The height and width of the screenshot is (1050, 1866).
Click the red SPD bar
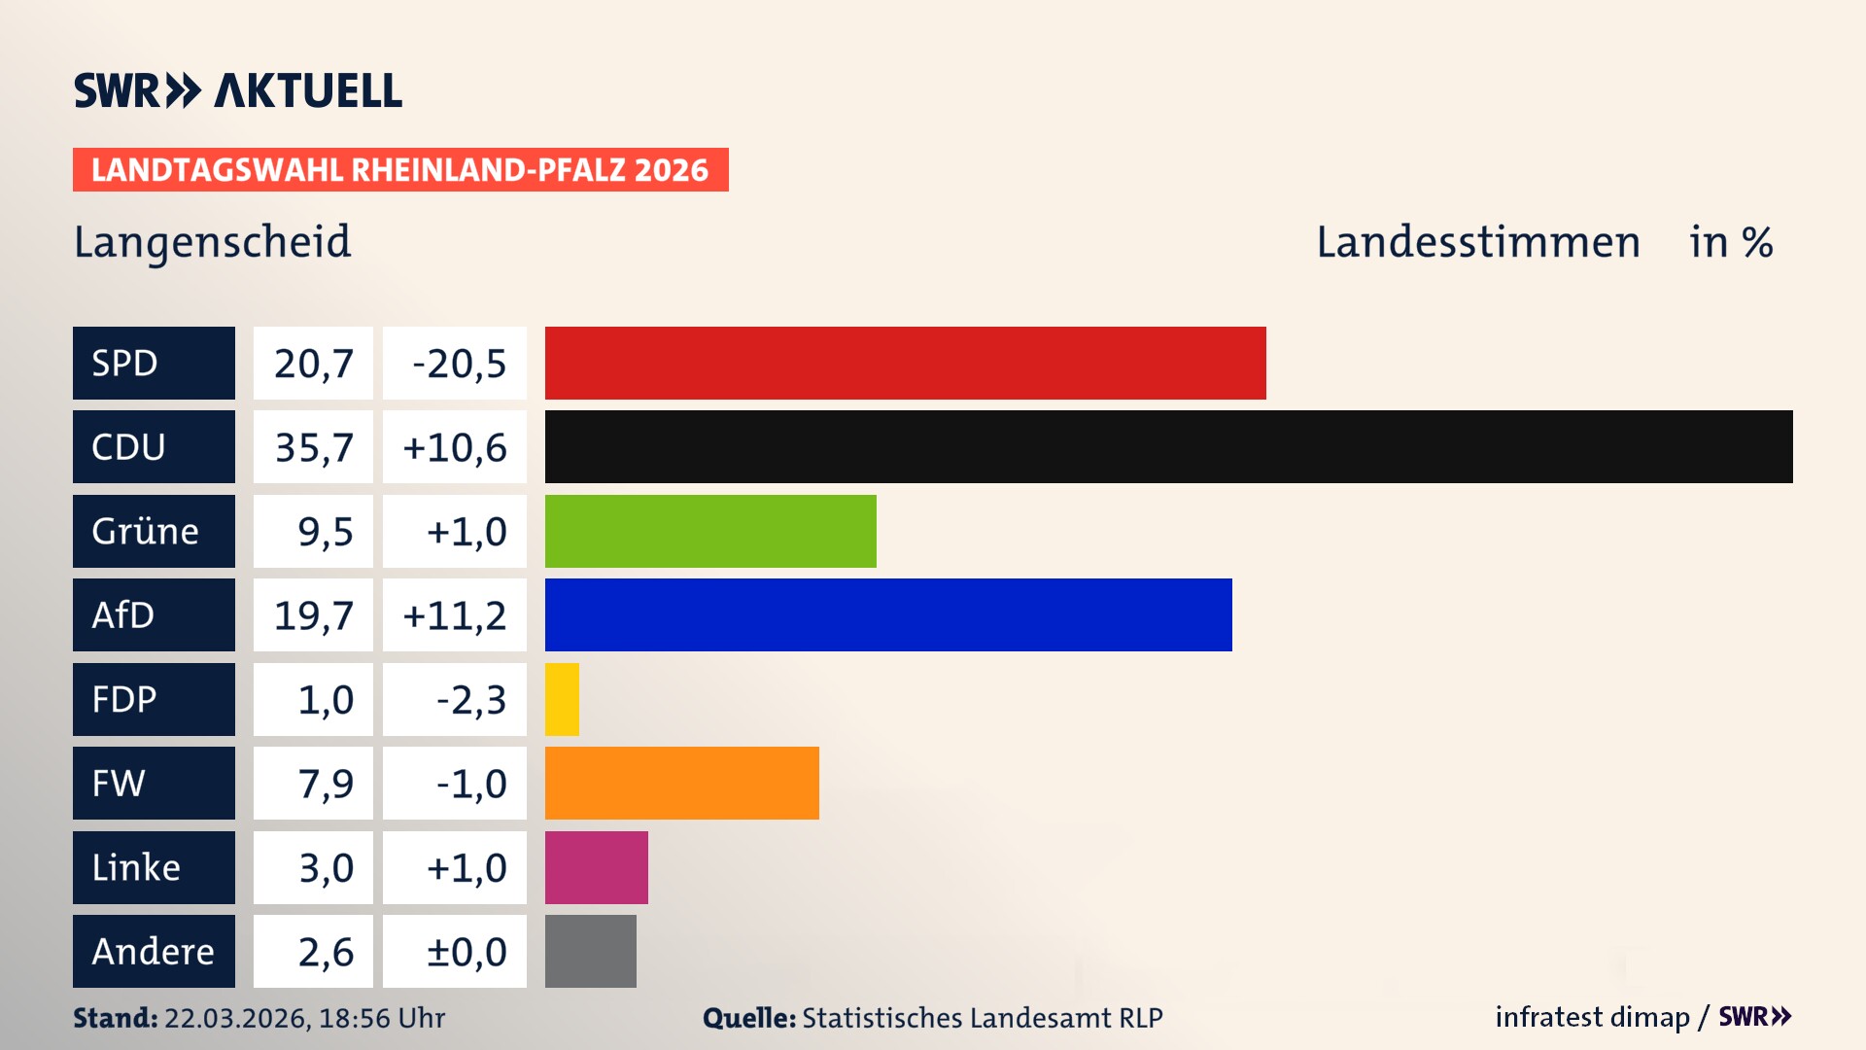click(x=905, y=363)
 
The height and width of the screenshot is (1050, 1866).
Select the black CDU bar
click(x=1168, y=447)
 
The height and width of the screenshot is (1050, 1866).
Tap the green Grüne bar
click(x=710, y=531)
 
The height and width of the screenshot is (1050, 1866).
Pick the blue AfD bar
click(x=888, y=614)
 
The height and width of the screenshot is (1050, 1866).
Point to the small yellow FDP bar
click(x=562, y=699)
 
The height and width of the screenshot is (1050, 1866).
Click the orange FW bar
click(x=681, y=783)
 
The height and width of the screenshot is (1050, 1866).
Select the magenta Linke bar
click(x=596, y=867)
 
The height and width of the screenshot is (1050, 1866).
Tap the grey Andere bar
click(x=590, y=951)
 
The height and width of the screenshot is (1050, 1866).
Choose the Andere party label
click(x=154, y=951)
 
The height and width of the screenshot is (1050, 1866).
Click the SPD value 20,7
click(x=313, y=364)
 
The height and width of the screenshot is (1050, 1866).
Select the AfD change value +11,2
click(x=454, y=615)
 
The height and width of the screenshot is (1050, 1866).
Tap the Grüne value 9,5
click(x=325, y=532)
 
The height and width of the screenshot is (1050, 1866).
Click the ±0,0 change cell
click(x=466, y=952)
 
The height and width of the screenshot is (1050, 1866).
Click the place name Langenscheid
click(x=212, y=242)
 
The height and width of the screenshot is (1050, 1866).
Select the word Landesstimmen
click(x=1477, y=242)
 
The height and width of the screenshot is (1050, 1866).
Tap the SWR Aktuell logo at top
click(x=237, y=90)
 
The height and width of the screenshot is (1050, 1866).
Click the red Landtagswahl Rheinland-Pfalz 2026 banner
click(x=400, y=170)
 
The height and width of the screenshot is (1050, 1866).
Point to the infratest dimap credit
click(x=1592, y=1017)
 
